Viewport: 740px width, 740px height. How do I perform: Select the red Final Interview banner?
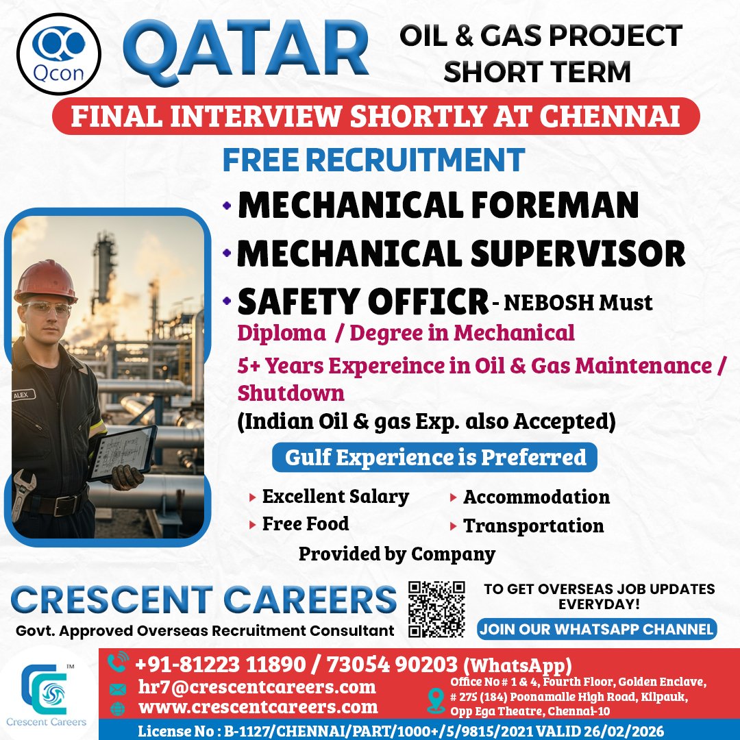point(375,116)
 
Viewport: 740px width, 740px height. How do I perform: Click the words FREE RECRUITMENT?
point(374,160)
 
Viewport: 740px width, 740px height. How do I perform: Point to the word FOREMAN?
point(555,205)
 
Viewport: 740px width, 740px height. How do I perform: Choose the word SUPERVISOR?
point(578,254)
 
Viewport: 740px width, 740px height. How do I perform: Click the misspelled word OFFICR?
point(428,301)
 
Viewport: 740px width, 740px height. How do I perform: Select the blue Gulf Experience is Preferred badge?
point(434,457)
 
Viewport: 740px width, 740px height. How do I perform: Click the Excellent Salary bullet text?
point(336,497)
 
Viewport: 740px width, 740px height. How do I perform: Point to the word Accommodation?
point(536,497)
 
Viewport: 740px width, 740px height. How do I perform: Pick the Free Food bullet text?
point(306,524)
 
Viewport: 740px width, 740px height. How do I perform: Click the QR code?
point(436,609)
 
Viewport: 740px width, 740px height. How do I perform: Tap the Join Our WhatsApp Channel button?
point(597,629)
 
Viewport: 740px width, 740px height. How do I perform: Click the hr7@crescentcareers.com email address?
point(257,687)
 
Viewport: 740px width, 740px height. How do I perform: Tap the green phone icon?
point(118,662)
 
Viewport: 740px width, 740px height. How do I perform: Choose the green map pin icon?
point(436,700)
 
